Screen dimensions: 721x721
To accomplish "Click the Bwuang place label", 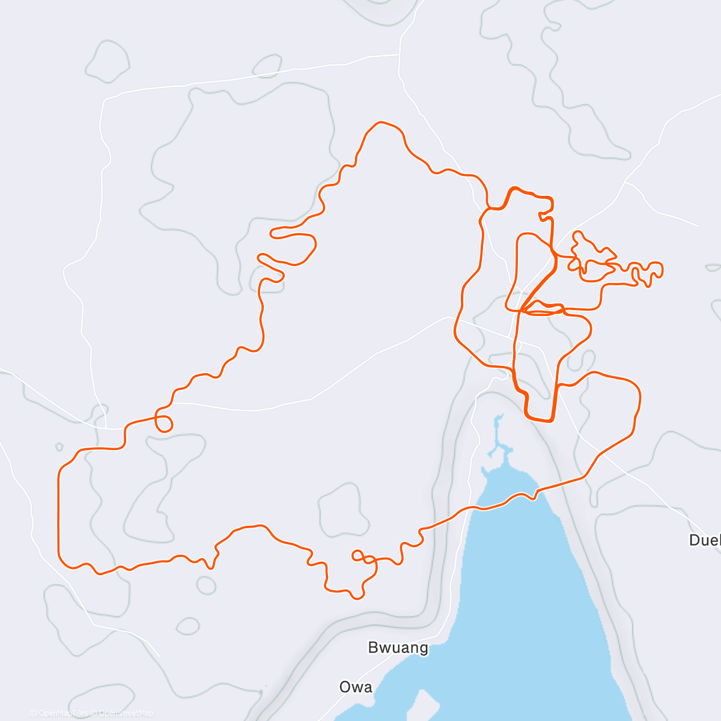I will coord(398,648).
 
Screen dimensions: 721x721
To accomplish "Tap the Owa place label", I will coord(356,687).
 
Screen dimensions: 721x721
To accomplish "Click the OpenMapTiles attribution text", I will coord(59,713).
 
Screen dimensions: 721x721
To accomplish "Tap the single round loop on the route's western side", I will coord(163,423).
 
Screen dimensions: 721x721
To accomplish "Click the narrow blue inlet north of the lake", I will coord(498,436).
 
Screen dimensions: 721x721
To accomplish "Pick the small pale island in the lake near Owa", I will coord(424,703).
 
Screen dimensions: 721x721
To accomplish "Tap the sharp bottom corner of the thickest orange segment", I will coord(550,420).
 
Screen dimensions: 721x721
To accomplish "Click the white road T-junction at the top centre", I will coord(400,54).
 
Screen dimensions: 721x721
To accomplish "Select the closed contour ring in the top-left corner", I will coord(108,61).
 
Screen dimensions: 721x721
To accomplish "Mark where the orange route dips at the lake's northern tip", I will coord(532,497).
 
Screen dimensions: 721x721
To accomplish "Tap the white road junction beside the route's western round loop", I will coord(106,428).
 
